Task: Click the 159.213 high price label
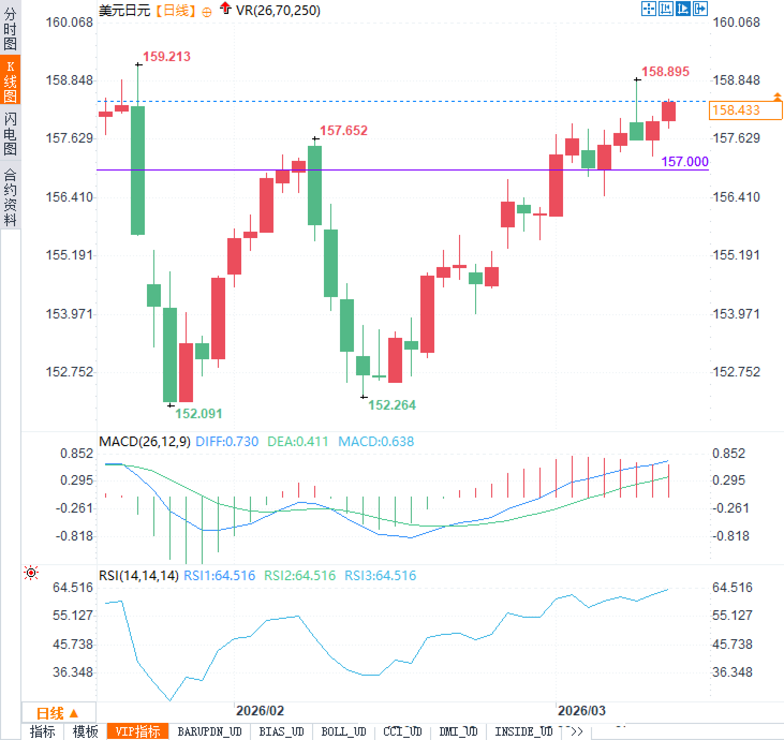coord(166,56)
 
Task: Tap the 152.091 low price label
coord(198,413)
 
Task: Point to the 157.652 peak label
coord(343,130)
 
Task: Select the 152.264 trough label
coord(392,405)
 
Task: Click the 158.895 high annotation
coord(665,71)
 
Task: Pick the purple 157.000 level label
coord(684,161)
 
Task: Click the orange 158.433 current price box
coord(745,110)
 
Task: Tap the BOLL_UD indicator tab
coord(343,731)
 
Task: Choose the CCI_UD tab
coord(403,731)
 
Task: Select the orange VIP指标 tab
coord(138,731)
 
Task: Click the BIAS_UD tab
coord(281,731)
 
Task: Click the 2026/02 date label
coord(260,711)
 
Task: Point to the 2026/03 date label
coord(581,711)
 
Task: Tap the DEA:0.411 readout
coord(298,441)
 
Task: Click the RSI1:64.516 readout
coord(219,575)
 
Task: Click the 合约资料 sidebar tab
coord(10,197)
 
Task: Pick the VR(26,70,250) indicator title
coord(278,10)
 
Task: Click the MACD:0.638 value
coord(376,441)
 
